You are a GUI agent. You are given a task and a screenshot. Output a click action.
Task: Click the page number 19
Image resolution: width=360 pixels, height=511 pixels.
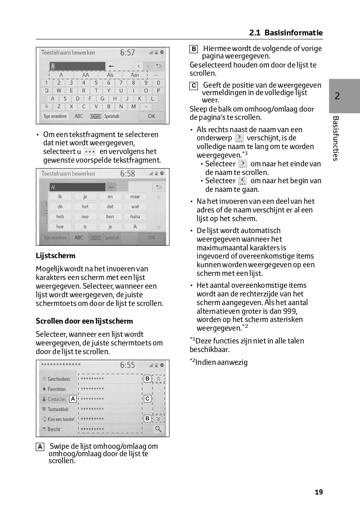coord(319,492)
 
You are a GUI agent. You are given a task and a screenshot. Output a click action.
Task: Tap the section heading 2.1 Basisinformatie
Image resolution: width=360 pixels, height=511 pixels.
coord(286,33)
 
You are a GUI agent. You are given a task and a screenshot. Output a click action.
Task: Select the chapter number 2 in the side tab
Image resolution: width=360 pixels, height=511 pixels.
coord(337,96)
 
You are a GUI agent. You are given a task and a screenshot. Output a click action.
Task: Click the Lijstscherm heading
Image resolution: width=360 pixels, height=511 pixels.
coord(56,256)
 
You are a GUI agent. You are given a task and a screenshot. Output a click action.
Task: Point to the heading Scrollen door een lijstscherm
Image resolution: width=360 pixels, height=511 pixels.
coord(84,321)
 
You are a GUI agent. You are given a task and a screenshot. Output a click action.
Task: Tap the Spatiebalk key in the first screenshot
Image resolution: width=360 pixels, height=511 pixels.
coord(111,117)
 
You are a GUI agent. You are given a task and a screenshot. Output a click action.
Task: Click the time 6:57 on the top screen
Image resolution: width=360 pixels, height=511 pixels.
coord(128,53)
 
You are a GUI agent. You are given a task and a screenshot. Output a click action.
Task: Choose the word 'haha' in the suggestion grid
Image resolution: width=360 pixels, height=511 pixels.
coord(135,217)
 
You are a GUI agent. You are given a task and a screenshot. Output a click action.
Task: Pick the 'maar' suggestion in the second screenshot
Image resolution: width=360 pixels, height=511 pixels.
coord(135,196)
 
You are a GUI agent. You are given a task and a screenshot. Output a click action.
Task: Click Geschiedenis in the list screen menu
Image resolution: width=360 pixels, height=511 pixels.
coord(59,379)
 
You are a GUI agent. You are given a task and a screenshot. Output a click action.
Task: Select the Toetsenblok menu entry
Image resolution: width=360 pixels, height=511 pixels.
coord(58,409)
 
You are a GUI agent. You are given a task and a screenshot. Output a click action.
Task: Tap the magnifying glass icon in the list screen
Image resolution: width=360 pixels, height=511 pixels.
coord(158,429)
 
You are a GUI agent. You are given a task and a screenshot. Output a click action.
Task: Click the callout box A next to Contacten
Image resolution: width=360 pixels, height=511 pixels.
coord(73,399)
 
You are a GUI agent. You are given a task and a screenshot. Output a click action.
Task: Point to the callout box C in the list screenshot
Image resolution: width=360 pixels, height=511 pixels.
coord(147,399)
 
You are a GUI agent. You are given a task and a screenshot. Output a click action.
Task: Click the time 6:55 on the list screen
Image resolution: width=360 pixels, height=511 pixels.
coord(128,365)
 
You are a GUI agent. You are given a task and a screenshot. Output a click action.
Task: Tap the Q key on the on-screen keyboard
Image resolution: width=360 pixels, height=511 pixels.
coord(46,91)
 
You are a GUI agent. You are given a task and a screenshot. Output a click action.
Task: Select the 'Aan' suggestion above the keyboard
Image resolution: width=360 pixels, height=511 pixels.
coord(135,75)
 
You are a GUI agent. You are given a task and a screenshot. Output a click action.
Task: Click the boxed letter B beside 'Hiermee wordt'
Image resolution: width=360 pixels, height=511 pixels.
coord(193,49)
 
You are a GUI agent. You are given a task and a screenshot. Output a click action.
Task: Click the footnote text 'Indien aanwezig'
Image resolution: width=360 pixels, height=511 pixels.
coord(221,362)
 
